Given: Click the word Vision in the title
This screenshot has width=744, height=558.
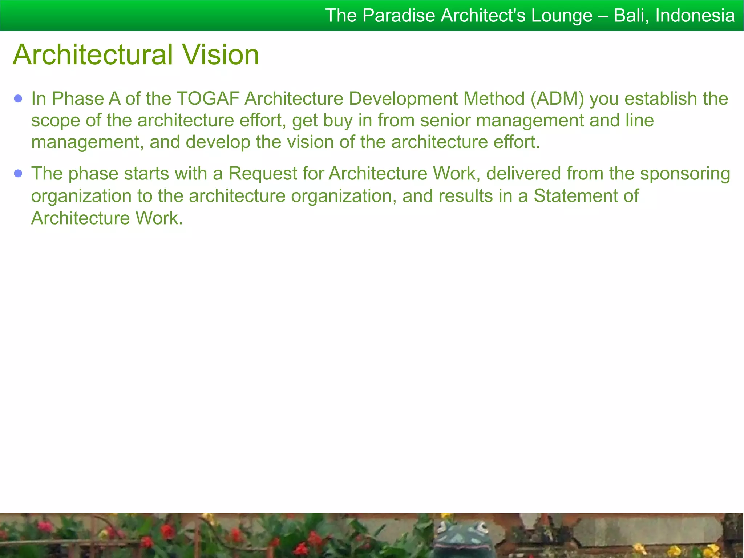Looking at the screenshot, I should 221,54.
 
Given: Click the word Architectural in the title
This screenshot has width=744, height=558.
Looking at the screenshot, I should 93,54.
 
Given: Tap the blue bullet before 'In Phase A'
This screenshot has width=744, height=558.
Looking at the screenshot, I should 18,98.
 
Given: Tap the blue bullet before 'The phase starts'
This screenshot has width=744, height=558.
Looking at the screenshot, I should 18,174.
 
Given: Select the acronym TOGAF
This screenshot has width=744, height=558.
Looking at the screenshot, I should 208,98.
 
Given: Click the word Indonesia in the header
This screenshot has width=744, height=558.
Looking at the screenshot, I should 695,16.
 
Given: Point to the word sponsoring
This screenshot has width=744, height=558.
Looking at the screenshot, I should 685,174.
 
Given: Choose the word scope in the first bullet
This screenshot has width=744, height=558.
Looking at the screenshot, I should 56,120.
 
